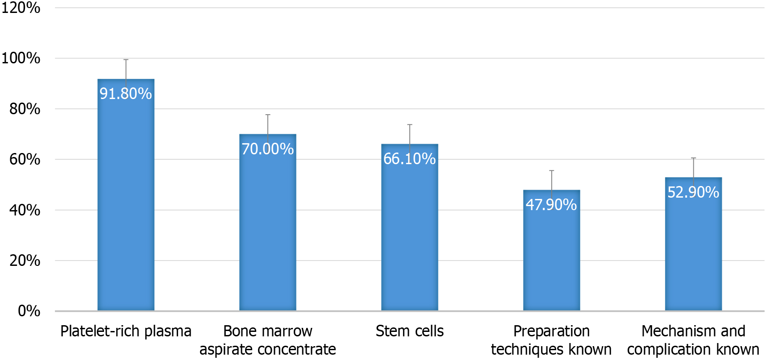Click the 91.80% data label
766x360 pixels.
(x=126, y=94)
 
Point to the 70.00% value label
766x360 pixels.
(x=268, y=149)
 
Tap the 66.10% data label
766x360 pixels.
(x=410, y=159)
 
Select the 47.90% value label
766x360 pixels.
(x=552, y=205)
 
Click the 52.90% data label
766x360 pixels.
(x=693, y=192)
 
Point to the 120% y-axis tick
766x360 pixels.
(x=21, y=8)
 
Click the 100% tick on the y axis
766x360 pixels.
(x=21, y=58)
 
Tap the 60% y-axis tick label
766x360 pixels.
(x=25, y=159)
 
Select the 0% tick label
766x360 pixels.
(x=29, y=311)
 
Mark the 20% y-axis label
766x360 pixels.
(x=25, y=261)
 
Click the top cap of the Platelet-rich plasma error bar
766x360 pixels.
(x=126, y=60)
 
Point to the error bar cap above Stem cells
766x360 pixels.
(x=410, y=125)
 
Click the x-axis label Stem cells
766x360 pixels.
(x=410, y=331)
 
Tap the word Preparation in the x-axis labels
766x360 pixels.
(x=552, y=331)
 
